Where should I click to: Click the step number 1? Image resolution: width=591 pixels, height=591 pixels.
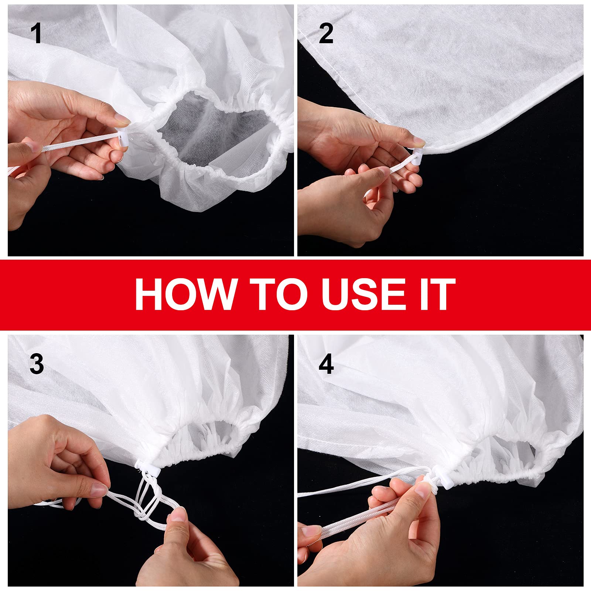(x=36, y=34)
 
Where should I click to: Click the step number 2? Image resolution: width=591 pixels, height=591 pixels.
(x=326, y=34)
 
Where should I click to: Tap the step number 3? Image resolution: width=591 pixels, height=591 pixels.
(x=37, y=364)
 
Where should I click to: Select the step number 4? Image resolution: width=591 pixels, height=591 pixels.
(x=326, y=364)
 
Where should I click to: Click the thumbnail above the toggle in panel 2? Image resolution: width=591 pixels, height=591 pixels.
(x=418, y=141)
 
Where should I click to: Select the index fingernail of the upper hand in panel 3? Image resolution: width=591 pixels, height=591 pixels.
(x=99, y=489)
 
